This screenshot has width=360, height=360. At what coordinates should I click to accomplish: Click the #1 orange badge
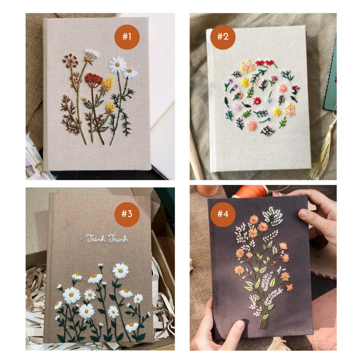coord(127,37)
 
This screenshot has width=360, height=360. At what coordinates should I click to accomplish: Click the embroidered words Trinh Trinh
coord(106,238)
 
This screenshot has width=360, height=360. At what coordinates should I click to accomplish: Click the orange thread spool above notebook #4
coord(255,191)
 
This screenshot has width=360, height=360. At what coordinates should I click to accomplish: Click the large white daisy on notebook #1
coord(117,65)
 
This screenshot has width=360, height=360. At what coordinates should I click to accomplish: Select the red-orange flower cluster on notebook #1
coord(93,79)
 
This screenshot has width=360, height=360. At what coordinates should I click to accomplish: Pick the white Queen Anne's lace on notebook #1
coord(91,54)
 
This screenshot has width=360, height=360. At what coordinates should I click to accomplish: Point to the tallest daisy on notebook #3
coord(120,270)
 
